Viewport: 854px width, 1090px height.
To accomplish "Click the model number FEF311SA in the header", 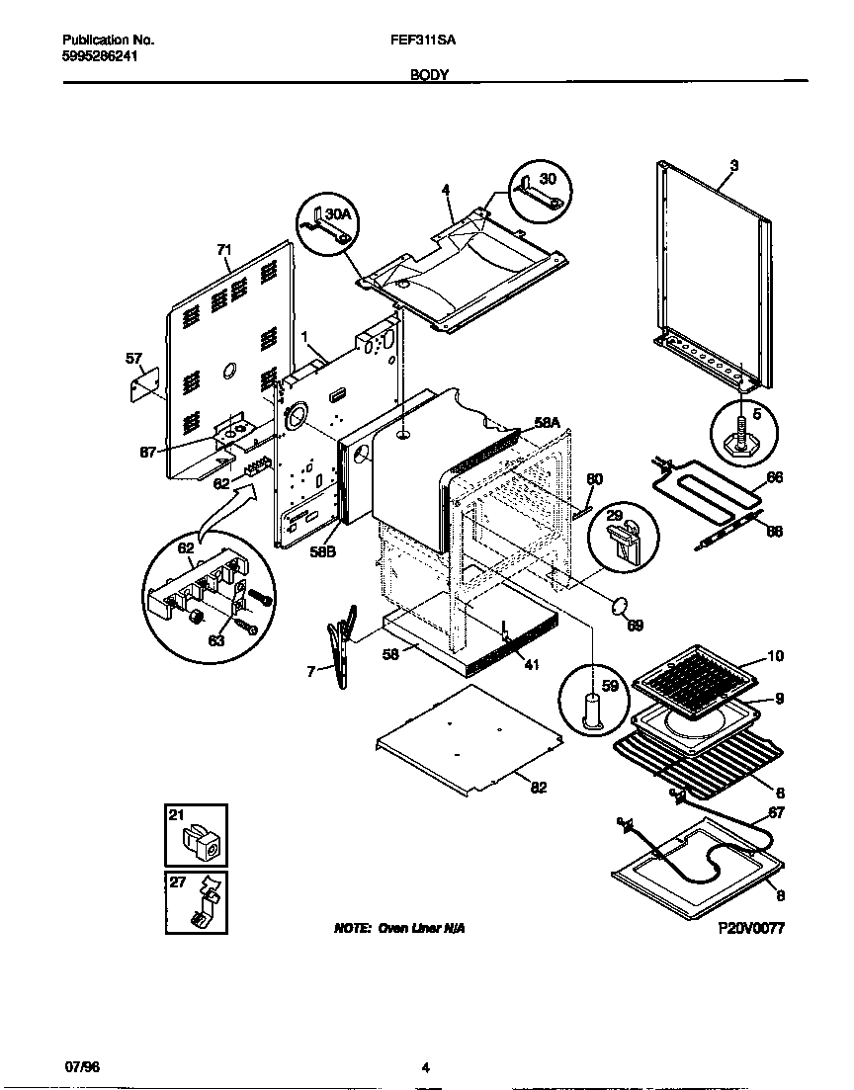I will point(416,41).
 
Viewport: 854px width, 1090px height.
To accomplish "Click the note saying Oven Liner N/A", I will point(399,929).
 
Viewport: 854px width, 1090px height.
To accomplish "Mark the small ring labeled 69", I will point(620,606).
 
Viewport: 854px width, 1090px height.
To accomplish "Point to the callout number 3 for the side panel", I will point(733,166).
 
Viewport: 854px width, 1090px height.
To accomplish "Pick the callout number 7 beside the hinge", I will point(311,672).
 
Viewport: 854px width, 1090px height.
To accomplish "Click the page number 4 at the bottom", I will point(425,1066).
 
